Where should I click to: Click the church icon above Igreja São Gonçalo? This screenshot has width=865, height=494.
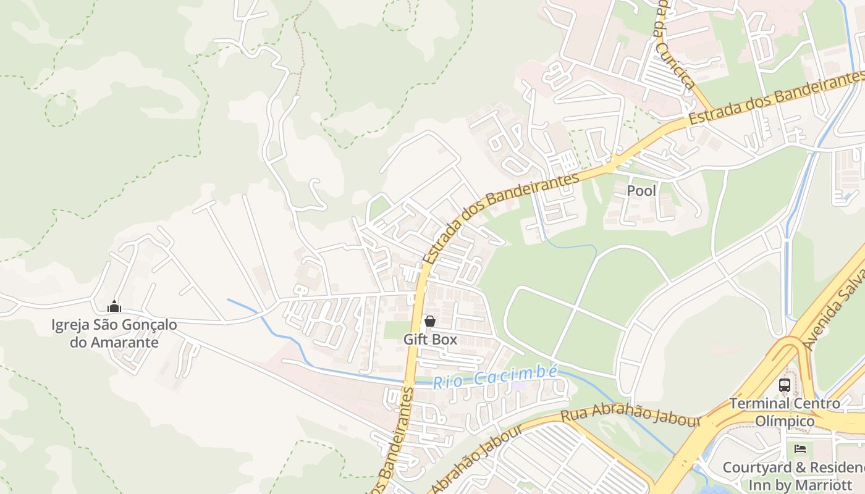(114, 306)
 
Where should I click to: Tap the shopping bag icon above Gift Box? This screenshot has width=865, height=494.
(430, 321)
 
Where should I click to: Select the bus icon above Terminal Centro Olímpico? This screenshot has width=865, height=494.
(785, 385)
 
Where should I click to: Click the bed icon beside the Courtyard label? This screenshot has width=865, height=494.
(801, 449)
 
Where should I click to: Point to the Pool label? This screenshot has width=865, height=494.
(641, 191)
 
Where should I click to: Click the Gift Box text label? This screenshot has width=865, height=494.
(430, 339)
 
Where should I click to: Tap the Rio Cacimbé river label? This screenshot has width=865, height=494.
(495, 377)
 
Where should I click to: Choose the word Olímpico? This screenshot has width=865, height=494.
(785, 421)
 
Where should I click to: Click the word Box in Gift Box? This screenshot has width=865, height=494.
(445, 339)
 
